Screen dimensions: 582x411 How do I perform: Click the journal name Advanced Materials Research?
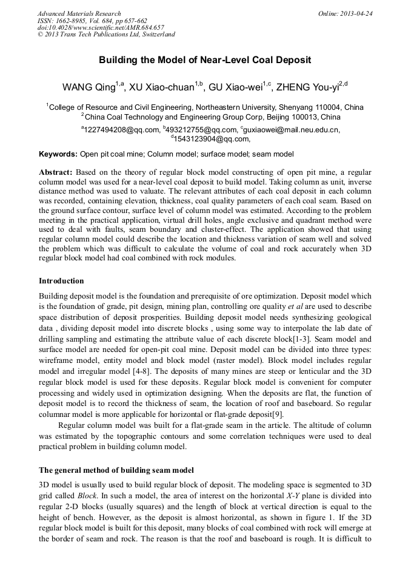79,13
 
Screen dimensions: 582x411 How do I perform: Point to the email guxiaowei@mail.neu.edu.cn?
292,129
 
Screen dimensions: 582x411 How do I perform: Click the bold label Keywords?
58,154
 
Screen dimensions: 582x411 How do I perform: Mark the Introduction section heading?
61,281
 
